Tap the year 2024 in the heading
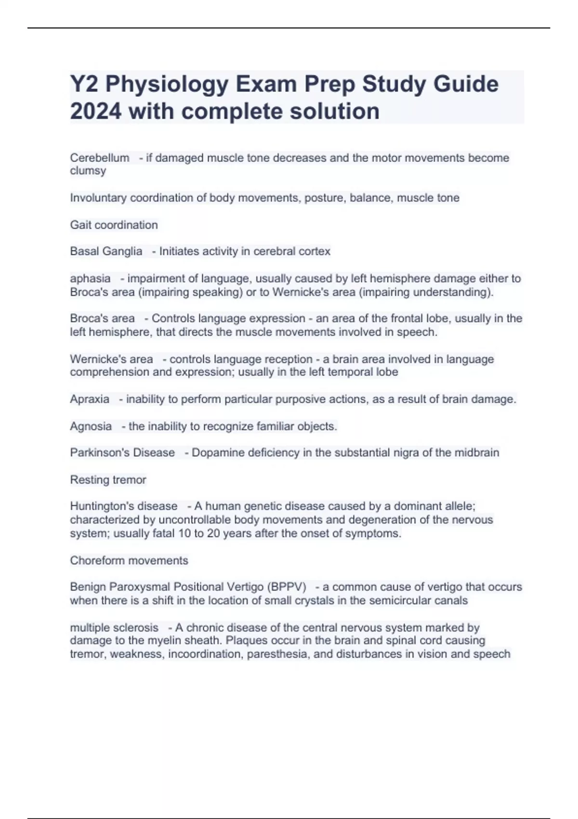point(95,111)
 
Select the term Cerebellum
point(100,158)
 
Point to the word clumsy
point(88,171)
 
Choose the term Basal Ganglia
point(106,251)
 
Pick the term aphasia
point(90,278)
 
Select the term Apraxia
point(90,399)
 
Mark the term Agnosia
point(91,426)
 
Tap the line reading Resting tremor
point(108,480)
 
